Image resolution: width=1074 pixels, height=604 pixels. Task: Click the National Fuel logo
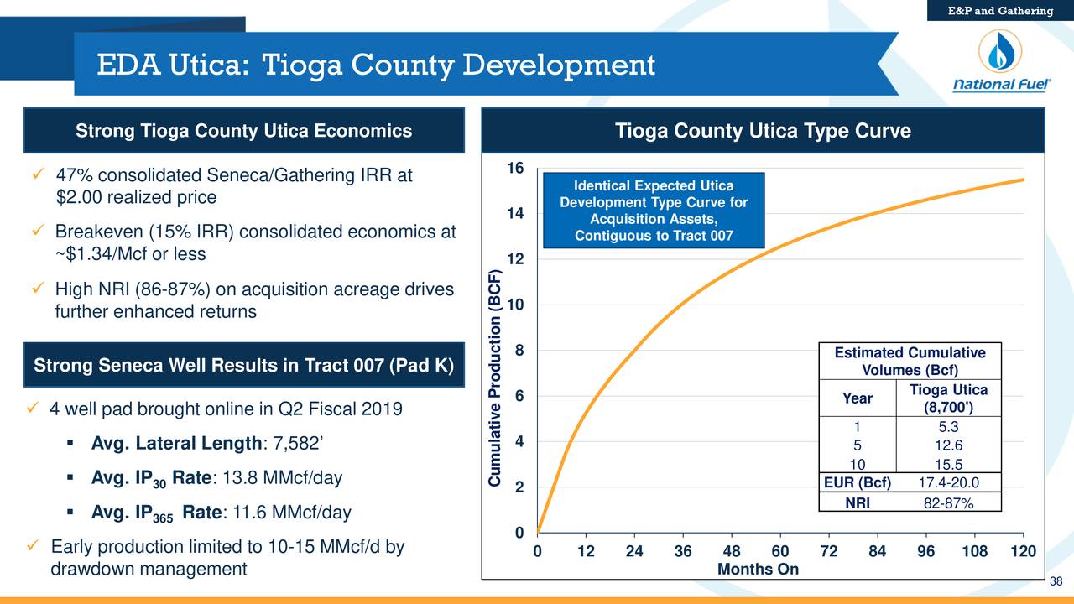[x=998, y=66]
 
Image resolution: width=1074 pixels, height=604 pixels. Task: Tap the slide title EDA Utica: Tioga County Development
[x=375, y=65]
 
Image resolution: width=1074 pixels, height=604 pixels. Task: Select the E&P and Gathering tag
[x=1000, y=10]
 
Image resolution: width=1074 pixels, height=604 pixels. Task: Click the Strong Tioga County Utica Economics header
[x=243, y=131]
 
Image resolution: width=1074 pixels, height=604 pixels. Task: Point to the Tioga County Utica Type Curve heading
[x=763, y=132]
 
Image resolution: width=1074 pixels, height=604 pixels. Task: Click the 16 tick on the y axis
[x=515, y=169]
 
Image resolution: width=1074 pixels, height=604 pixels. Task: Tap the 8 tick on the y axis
[x=520, y=351]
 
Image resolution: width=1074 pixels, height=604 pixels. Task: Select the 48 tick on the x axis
[x=731, y=551]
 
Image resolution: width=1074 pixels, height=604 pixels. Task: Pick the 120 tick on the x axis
[x=1023, y=551]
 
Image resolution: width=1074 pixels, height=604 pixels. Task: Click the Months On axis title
[x=758, y=570]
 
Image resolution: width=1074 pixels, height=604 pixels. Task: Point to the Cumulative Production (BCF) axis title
[x=496, y=377]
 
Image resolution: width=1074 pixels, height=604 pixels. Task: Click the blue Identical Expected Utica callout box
[x=654, y=211]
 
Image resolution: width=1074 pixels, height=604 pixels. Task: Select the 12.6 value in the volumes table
[x=949, y=445]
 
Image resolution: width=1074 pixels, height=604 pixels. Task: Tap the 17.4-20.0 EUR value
[x=949, y=482]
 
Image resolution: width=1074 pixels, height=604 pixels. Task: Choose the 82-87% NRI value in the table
[x=949, y=502]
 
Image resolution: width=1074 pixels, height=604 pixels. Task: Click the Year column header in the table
[x=857, y=398]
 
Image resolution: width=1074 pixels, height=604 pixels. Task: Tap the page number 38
[x=1056, y=584]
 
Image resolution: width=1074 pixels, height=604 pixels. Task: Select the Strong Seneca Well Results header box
[x=243, y=367]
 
